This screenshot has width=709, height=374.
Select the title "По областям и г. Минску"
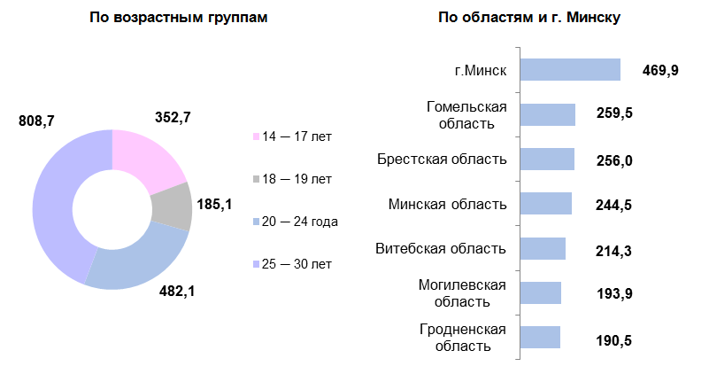coord(528,19)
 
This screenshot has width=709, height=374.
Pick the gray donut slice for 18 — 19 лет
coord(173,206)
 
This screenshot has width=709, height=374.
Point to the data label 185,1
coord(213,205)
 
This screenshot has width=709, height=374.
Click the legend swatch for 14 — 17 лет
coord(257,137)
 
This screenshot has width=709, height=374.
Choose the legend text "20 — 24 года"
coord(301,222)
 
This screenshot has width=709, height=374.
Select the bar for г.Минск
coord(569,70)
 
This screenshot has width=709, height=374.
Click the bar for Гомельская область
coord(547,114)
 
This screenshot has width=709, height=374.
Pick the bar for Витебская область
coord(542,249)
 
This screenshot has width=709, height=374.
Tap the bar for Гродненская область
coord(539,338)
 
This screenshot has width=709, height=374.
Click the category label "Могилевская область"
coord(463,293)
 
